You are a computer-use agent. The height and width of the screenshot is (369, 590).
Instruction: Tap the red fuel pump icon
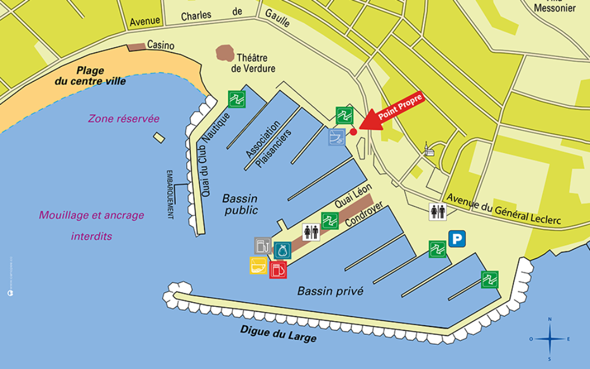click(x=278, y=269)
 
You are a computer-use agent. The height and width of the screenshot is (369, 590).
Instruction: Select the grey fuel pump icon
click(x=263, y=246)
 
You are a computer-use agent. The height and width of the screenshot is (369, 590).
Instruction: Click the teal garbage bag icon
click(x=282, y=250)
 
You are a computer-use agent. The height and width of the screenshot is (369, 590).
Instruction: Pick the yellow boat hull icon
click(x=258, y=265)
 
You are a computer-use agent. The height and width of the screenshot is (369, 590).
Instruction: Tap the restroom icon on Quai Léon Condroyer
click(x=311, y=232)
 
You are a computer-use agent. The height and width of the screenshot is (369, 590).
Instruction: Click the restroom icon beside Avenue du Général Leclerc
click(x=438, y=212)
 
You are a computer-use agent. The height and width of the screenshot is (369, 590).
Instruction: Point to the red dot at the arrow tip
click(x=354, y=132)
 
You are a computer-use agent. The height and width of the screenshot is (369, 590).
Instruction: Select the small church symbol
click(x=428, y=149)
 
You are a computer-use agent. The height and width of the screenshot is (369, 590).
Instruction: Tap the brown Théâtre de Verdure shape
click(x=225, y=54)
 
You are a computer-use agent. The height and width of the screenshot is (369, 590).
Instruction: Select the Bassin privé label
click(x=330, y=291)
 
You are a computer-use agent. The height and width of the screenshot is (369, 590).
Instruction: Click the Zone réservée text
click(x=124, y=119)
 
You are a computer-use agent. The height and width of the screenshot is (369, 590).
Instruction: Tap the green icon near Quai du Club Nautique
click(x=237, y=99)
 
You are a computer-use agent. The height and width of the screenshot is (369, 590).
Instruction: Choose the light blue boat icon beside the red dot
click(x=337, y=136)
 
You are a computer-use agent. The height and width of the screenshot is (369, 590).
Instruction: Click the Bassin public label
click(x=240, y=204)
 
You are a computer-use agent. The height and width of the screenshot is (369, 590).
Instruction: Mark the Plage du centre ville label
click(x=90, y=76)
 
